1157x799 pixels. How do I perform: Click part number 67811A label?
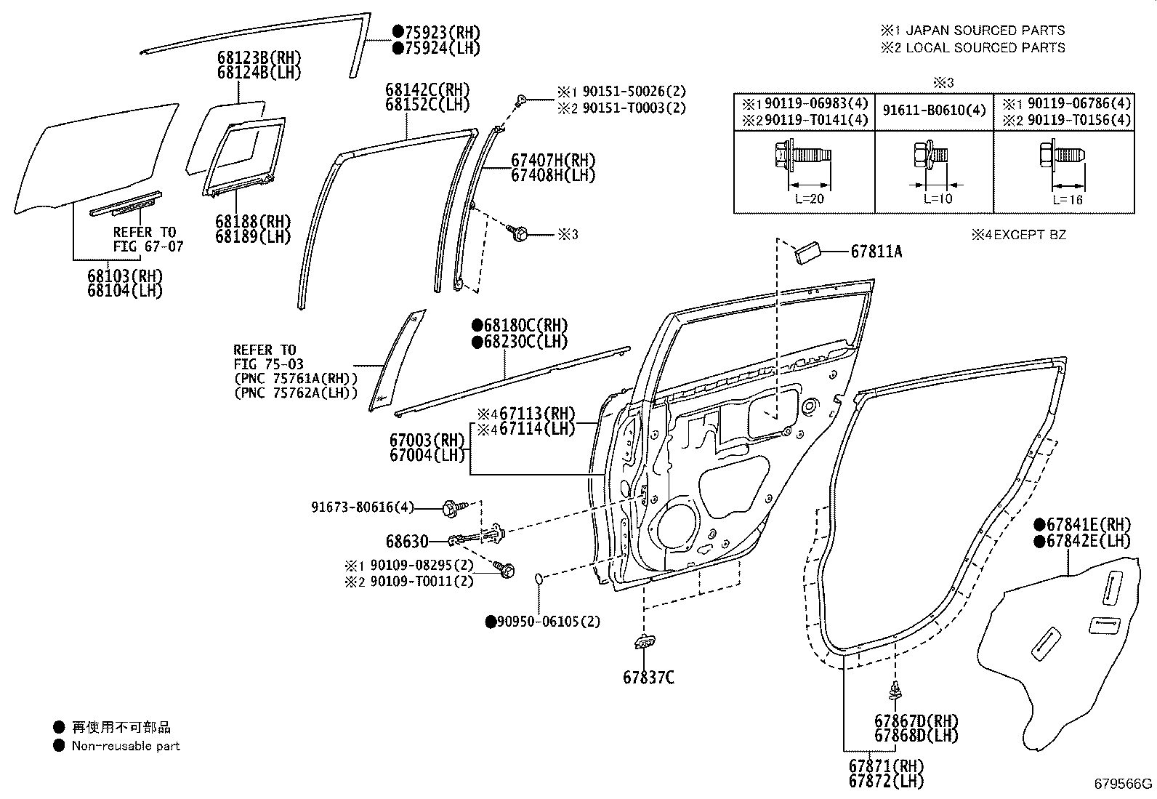[876, 252]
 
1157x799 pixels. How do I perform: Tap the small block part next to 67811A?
[808, 252]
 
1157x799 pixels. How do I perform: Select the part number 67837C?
[648, 678]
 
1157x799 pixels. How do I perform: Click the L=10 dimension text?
[938, 198]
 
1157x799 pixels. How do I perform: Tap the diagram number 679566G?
[1124, 784]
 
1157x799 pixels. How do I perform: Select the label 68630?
[407, 542]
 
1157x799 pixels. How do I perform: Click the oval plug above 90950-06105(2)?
[539, 579]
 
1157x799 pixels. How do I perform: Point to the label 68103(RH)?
[125, 276]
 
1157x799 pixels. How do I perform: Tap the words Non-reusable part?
[125, 746]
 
